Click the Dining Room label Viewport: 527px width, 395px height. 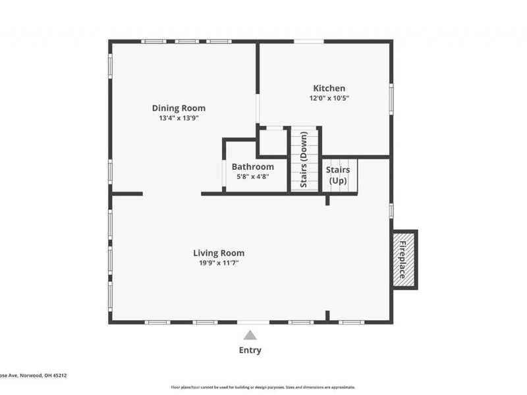(179, 108)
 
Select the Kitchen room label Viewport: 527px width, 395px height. (329, 88)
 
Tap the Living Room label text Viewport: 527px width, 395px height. (219, 253)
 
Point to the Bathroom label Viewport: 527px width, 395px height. (252, 167)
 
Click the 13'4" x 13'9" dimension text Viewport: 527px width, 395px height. (179, 118)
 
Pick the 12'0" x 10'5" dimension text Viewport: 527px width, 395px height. (329, 98)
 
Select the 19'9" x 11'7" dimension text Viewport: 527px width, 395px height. (219, 263)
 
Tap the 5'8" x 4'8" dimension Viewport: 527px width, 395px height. (252, 176)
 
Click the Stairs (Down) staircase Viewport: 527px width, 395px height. (304, 160)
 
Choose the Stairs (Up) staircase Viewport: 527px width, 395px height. (339, 175)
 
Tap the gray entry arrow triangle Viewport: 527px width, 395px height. (250, 335)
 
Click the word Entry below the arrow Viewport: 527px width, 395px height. (250, 350)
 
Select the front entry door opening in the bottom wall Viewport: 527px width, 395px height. (254, 322)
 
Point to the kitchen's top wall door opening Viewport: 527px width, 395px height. (308, 41)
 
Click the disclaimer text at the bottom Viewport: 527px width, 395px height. (263, 387)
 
